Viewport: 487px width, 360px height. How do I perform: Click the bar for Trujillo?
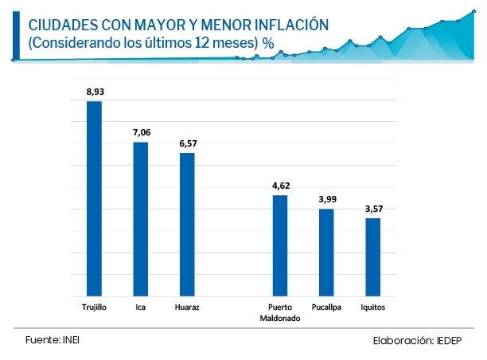point(94,199)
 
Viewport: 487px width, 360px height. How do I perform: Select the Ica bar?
point(140,219)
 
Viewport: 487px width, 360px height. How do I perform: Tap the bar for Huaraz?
point(187,225)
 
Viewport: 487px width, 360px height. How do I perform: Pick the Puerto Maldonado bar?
point(279,245)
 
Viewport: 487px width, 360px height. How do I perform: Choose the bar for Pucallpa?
point(326,252)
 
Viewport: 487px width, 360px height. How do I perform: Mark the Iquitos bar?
point(372,257)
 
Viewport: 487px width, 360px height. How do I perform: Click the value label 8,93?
point(95,92)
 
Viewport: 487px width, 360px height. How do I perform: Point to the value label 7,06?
point(141,133)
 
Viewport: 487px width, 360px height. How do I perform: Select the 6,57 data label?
point(188,143)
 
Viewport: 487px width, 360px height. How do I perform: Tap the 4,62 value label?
point(280,186)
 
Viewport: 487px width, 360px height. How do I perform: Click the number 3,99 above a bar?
point(326,199)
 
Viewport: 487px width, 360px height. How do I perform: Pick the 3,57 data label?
point(373,209)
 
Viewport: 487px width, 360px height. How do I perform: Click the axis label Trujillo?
point(94,307)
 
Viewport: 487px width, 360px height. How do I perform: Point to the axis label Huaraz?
point(186,307)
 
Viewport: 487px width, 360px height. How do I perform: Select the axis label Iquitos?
point(372,307)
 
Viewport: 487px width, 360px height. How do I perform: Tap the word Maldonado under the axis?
point(279,318)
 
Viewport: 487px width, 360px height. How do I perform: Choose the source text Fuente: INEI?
point(53,339)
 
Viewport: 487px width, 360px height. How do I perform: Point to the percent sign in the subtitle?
point(268,45)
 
